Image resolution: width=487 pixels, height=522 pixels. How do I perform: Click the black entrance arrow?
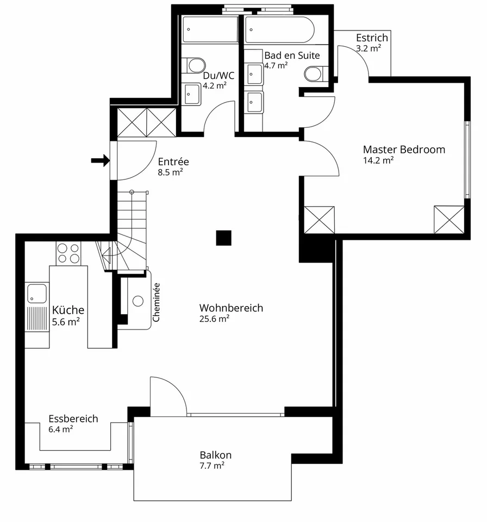click(x=101, y=160)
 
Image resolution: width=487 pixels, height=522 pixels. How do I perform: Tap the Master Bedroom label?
click(x=404, y=150)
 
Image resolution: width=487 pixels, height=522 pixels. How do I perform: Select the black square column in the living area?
click(x=224, y=238)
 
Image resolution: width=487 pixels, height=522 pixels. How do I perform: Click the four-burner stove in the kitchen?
click(x=68, y=253)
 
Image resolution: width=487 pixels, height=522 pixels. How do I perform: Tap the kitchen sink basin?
click(x=37, y=293)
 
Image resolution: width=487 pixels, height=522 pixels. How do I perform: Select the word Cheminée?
click(x=156, y=302)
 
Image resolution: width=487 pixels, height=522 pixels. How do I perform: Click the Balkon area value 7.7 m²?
click(x=212, y=465)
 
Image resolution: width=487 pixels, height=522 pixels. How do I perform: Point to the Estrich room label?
click(x=372, y=38)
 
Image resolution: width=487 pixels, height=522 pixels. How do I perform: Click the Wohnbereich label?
click(x=231, y=308)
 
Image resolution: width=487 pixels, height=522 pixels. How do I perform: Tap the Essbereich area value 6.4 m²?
click(x=60, y=429)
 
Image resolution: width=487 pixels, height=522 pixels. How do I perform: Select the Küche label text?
click(x=68, y=310)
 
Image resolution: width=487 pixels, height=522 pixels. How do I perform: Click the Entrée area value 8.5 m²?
click(x=170, y=172)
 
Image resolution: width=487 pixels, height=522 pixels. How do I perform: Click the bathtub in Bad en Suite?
click(x=279, y=29)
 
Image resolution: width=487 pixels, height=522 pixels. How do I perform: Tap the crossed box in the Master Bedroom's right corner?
click(x=449, y=219)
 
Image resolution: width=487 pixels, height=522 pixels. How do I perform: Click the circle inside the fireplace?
click(x=138, y=301)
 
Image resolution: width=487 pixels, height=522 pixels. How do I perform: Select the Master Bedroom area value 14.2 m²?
click(x=378, y=160)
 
